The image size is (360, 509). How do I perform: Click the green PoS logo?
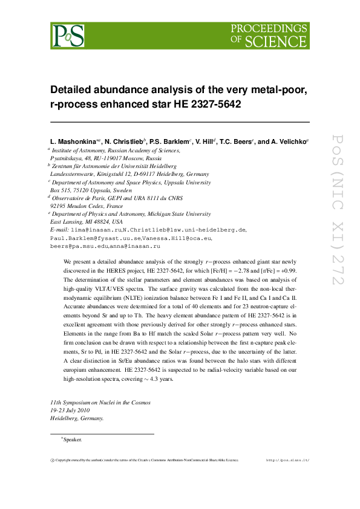[67, 35]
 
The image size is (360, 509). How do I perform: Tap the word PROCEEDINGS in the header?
[270, 28]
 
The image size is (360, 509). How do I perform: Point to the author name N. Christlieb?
[127, 141]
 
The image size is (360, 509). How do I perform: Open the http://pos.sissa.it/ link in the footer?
[288, 460]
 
